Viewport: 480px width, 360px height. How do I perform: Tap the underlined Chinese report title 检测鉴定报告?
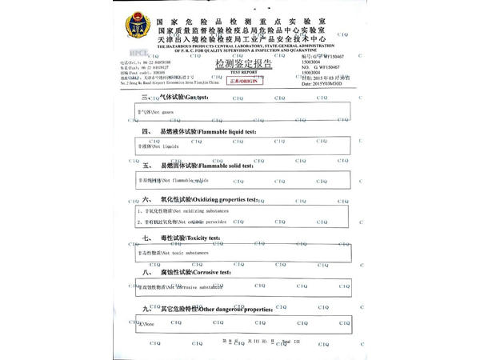point(243,63)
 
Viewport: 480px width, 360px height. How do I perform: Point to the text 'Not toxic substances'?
point(172,253)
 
